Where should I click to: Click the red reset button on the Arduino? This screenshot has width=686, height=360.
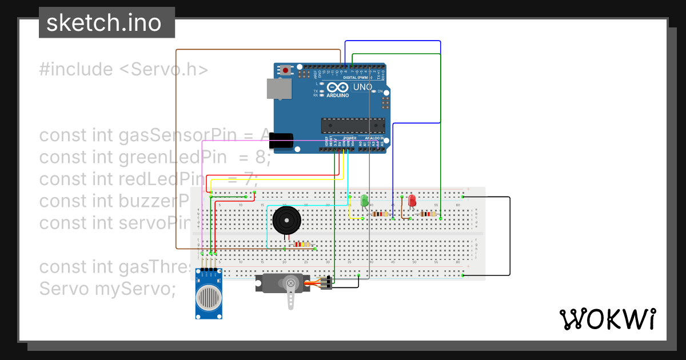click(285, 70)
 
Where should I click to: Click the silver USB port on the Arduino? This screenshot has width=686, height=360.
click(279, 89)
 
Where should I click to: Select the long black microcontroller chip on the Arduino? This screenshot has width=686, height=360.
click(353, 124)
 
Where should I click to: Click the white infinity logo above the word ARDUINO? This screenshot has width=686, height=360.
click(338, 88)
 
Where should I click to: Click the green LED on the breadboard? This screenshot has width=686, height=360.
click(364, 201)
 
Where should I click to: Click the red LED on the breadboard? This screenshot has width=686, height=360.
click(412, 201)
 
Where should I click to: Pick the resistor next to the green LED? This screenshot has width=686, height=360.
click(379, 214)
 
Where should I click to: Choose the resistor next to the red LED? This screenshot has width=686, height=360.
click(426, 214)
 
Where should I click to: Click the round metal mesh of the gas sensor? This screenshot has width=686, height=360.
click(209, 297)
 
